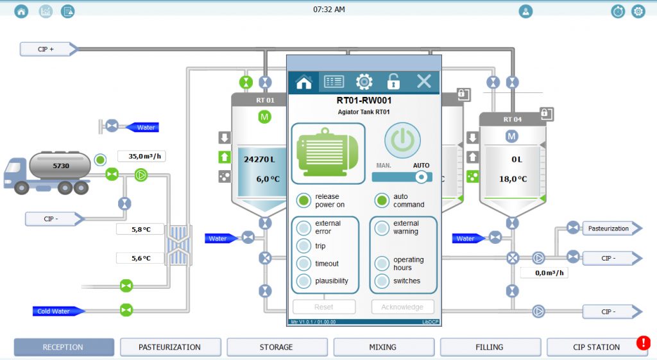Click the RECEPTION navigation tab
click(x=64, y=347)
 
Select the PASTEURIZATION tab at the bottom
click(x=170, y=347)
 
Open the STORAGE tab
click(x=277, y=347)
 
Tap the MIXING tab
click(x=383, y=347)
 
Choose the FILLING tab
click(x=490, y=347)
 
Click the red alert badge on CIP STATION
click(x=643, y=343)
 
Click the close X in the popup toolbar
click(x=423, y=81)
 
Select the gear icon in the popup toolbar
click(x=364, y=81)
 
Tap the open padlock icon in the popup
click(x=393, y=81)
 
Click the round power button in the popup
click(x=402, y=141)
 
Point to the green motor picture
click(x=328, y=153)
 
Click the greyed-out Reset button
click(x=323, y=307)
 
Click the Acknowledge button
click(x=402, y=307)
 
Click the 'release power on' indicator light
click(x=303, y=201)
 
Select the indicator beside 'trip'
click(x=303, y=246)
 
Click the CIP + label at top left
click(x=47, y=49)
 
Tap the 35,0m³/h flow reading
click(x=142, y=156)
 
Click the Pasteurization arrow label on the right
click(x=610, y=228)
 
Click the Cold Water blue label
click(x=56, y=311)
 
